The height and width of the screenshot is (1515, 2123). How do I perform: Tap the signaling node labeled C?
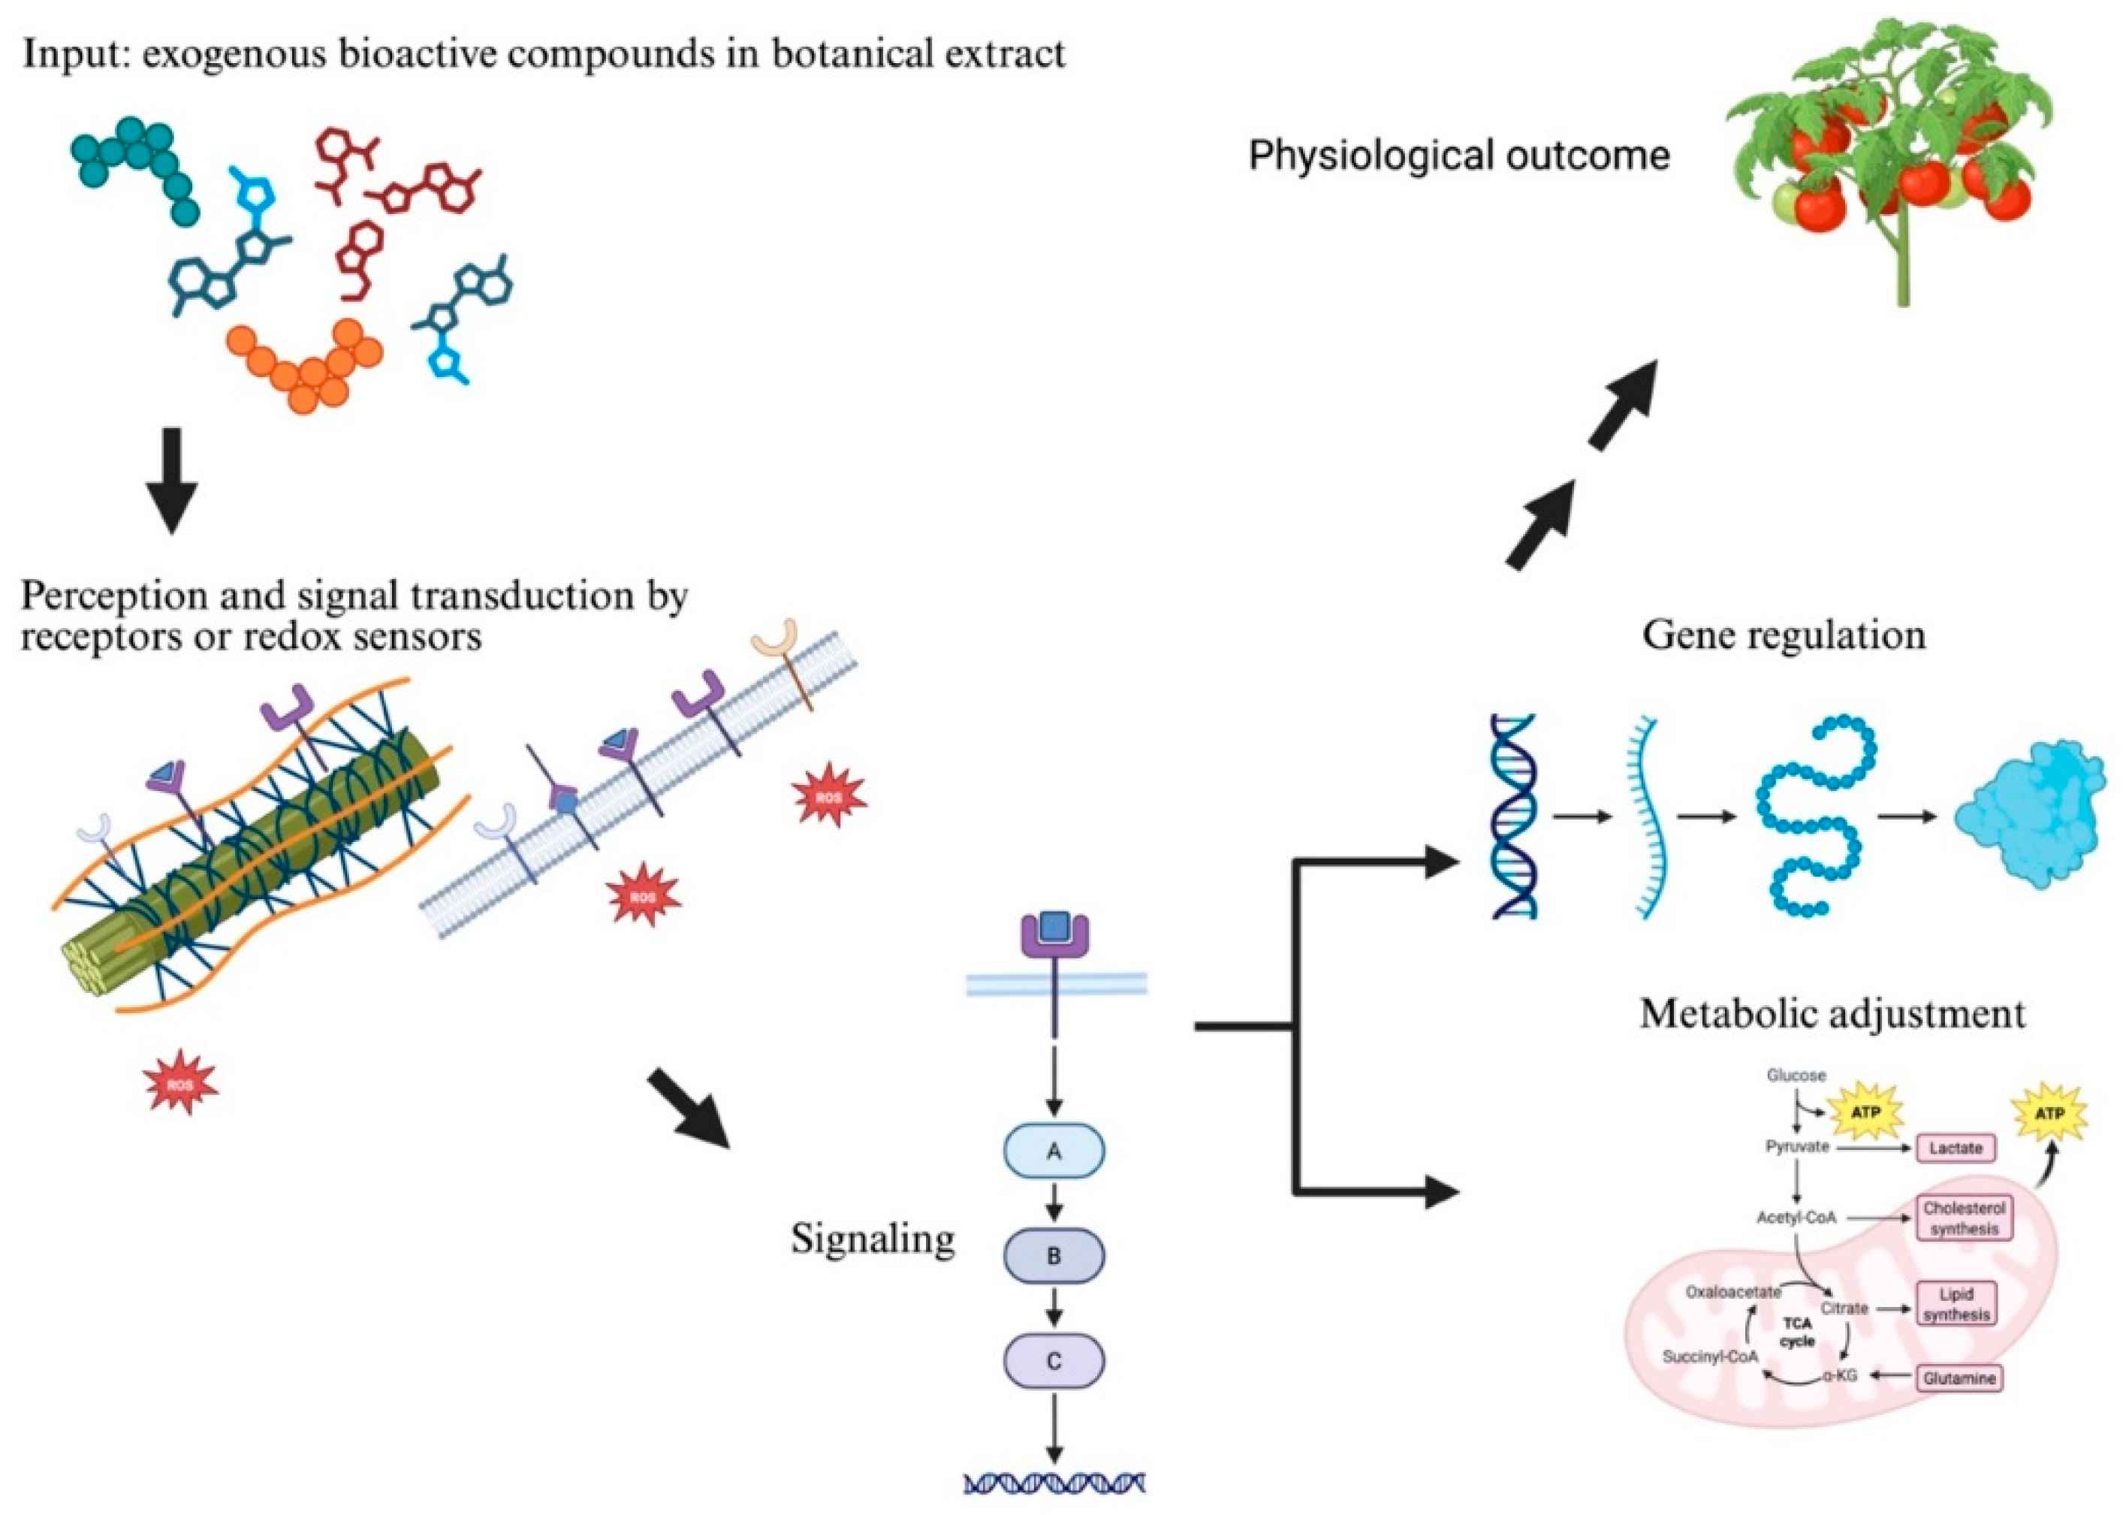[1053, 1360]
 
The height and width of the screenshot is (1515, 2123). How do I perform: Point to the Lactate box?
[1954, 1148]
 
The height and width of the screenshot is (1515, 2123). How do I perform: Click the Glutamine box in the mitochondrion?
[1958, 1377]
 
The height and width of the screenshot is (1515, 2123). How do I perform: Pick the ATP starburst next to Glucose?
[1864, 1112]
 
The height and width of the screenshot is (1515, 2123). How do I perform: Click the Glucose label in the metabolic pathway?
[1796, 1075]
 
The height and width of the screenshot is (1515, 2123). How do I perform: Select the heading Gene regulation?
[1783, 635]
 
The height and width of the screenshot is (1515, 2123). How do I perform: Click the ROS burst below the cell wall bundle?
[180, 1082]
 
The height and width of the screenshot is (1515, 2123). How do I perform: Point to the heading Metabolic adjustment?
[1832, 1013]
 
